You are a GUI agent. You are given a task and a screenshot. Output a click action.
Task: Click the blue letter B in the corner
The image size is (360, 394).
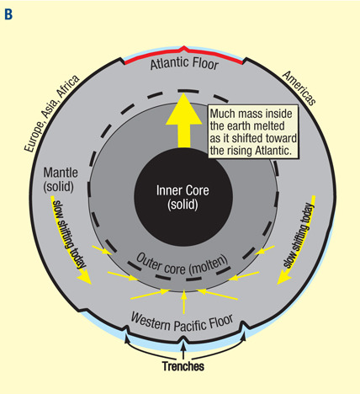[8, 14]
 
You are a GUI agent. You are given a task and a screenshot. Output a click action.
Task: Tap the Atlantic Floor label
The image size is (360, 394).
[184, 63]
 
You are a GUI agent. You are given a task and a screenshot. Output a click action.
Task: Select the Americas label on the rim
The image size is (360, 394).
[299, 88]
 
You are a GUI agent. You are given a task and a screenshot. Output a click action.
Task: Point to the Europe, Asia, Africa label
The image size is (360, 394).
[51, 114]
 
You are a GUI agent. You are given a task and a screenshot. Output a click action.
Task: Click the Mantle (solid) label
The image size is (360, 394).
[61, 179]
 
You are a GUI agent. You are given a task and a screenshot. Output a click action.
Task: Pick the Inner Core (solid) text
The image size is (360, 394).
[183, 197]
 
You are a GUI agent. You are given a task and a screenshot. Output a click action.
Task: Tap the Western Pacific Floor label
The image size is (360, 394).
[182, 323]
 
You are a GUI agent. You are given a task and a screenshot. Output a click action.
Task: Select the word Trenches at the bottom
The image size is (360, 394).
[183, 366]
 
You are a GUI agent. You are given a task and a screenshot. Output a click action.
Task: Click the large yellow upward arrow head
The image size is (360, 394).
[183, 109]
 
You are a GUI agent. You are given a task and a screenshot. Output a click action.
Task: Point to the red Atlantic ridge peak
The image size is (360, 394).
[183, 50]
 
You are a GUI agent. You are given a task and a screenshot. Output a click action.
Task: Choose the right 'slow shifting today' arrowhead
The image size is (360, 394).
[283, 279]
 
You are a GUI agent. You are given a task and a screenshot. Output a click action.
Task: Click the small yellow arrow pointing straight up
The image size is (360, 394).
[183, 302]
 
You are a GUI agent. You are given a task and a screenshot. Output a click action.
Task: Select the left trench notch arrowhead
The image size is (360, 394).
[127, 339]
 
